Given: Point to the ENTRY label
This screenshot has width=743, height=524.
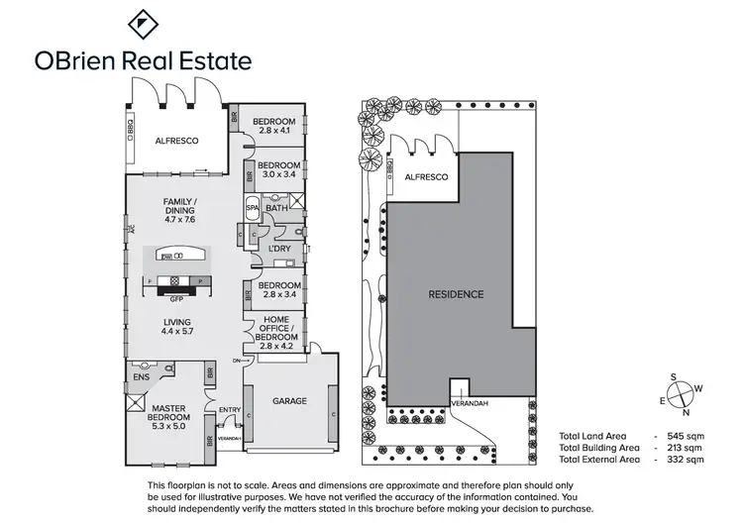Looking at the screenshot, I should pos(230,411).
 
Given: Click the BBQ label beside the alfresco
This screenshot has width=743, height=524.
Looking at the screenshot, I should pos(131,127).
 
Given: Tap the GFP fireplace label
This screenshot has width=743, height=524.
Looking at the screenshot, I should pos(178,297).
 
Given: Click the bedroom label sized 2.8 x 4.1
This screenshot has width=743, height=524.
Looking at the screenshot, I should pos(274,127).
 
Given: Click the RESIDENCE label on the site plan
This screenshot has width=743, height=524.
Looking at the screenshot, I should pos(456,294).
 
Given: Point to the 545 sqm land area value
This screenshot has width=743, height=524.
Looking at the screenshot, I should pos(687,437).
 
